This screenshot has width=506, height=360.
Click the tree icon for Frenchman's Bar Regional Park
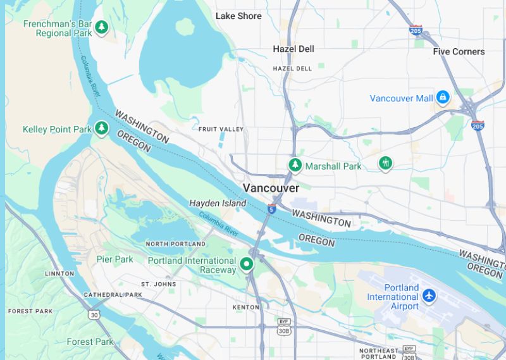coord(101,27)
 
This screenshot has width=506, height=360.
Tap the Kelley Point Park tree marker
coord(101,128)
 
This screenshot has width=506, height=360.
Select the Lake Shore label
coord(238,16)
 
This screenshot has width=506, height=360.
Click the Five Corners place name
coord(459,51)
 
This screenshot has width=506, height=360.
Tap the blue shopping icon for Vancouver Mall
coord(443,97)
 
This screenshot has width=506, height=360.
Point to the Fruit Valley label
coord(221,129)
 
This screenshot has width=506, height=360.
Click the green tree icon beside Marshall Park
coord(295,165)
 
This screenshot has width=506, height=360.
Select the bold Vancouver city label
coord(271,188)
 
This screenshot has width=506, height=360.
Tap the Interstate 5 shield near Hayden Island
coord(271,209)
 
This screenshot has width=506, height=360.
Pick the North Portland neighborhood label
coord(175,244)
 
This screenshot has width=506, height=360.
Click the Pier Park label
coord(114,259)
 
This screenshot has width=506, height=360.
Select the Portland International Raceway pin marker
coord(247,264)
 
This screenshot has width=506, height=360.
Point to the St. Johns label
coord(158,284)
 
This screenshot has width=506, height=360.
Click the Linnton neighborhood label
coord(59,273)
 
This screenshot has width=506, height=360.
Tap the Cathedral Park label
coord(113,295)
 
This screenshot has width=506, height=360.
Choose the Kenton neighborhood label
coord(246,307)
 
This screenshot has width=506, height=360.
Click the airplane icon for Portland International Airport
coord(429,295)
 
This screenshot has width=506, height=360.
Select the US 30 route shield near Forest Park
coord(94,314)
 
